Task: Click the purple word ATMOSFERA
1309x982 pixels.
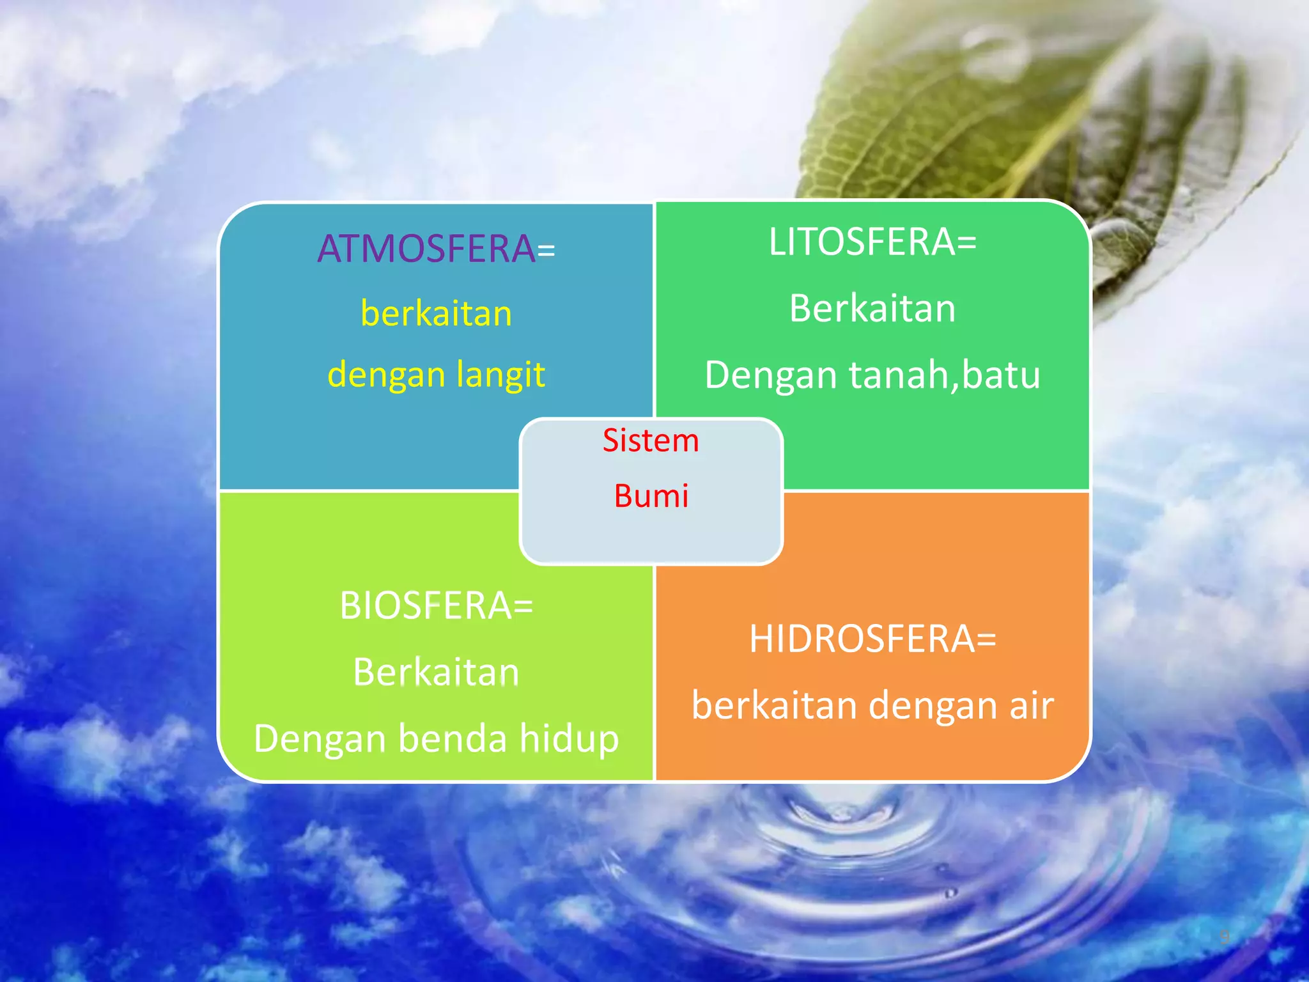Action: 426,249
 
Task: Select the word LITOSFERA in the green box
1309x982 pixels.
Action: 862,242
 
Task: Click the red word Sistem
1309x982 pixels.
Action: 651,441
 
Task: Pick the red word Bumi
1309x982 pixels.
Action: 651,496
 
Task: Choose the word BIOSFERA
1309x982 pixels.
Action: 426,605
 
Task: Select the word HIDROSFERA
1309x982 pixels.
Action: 862,639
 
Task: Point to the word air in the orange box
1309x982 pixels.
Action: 1032,706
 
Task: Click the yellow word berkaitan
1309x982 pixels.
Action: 437,314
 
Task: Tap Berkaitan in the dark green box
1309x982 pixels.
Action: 872,308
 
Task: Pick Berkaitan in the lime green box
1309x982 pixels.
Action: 437,673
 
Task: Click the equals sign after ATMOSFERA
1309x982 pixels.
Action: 546,251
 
